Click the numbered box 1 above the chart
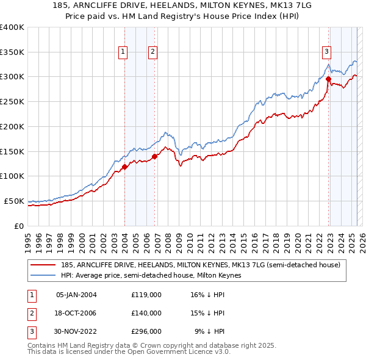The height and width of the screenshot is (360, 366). [123, 52]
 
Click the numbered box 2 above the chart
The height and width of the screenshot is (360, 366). [152, 52]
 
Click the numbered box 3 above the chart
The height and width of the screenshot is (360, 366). [327, 52]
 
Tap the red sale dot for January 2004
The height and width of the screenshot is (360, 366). [124, 166]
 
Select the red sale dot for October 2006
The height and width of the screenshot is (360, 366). [154, 156]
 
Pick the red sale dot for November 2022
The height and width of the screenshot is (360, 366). [328, 79]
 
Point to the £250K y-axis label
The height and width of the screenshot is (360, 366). [12, 102]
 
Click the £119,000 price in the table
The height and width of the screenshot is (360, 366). [146, 295]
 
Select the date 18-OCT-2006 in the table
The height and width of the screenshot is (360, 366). [76, 313]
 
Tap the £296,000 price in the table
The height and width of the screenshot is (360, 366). [146, 331]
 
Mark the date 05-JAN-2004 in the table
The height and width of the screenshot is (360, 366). [76, 295]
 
